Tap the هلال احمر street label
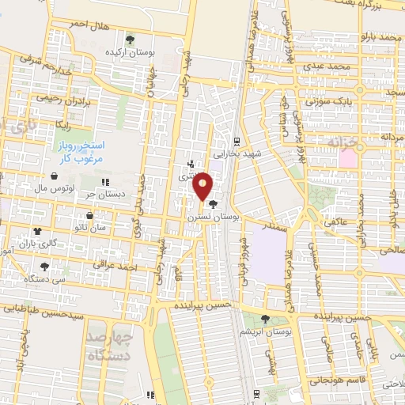click(x=86, y=25)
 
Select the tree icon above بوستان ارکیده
click(x=131, y=39)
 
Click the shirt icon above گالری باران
click(x=37, y=230)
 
